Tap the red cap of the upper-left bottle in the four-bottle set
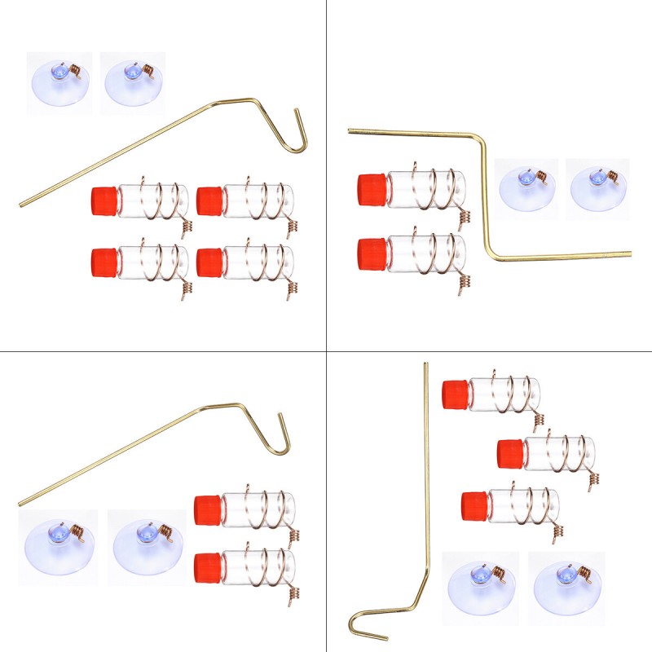(104, 200)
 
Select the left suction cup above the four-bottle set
(59, 82)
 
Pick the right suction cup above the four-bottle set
(132, 82)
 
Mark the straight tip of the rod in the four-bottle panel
(22, 204)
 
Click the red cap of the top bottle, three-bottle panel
(455, 395)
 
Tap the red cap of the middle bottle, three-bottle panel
(510, 453)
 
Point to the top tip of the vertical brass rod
(425, 365)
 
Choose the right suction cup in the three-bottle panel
(567, 588)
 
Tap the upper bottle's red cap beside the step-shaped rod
(372, 189)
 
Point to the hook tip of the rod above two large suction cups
(281, 417)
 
